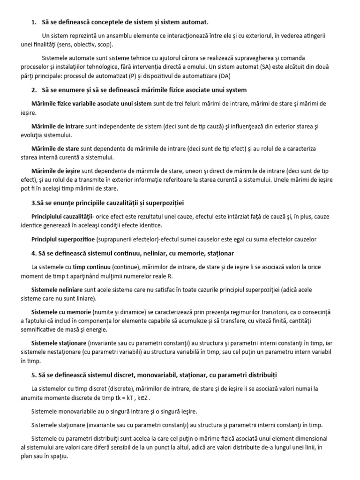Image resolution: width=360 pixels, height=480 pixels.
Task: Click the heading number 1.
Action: [33, 22]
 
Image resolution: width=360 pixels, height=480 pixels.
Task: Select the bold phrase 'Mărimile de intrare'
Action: [57, 126]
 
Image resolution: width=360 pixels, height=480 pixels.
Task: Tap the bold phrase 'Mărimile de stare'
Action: [55, 149]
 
